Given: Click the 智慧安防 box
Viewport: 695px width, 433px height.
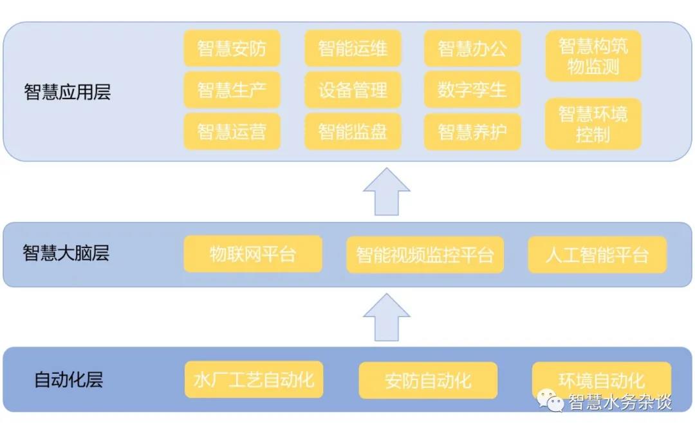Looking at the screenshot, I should point(232,48).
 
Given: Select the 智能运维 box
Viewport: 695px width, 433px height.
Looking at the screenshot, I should point(353,48).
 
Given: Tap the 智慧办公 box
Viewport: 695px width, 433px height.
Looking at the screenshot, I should point(472,48).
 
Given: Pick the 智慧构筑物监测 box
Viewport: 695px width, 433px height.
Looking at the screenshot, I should point(593,56).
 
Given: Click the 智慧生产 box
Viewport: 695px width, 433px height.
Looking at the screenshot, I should point(232,90).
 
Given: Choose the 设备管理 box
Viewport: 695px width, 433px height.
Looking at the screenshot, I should point(353,90).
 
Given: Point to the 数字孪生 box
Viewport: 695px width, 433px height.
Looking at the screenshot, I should point(472,90).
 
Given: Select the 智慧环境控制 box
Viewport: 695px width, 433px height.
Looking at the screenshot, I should point(593,124).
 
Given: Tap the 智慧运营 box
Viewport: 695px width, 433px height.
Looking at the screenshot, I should point(232,131).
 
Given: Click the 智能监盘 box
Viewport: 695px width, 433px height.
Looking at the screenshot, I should point(353,131).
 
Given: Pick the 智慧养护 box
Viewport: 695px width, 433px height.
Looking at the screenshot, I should point(472,131).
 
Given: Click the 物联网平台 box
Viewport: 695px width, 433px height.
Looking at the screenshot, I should point(253,254).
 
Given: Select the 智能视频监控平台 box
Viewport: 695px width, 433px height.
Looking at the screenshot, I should point(425,255).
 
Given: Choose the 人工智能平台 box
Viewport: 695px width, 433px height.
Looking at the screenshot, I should point(597,255).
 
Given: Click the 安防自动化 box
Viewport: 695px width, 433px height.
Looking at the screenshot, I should point(428,380).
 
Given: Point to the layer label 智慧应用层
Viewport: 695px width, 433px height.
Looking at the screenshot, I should point(67,91).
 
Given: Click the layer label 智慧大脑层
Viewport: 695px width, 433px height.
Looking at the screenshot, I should point(66,253).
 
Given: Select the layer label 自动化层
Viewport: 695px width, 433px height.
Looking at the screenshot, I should point(68,380).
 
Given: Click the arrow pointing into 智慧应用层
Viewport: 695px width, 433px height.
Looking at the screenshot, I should point(386,192).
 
